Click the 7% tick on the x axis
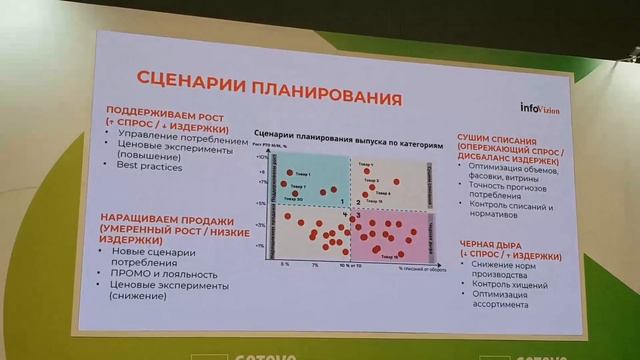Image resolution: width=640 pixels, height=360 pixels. (314, 265)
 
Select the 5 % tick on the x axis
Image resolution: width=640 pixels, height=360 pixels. (285, 264)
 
